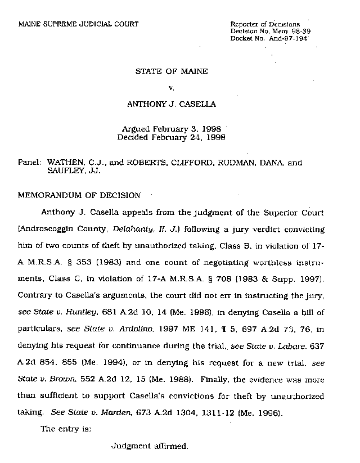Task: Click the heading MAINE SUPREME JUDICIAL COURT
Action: click(78, 24)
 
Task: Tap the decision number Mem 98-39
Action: click(291, 30)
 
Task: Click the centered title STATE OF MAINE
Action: click(171, 71)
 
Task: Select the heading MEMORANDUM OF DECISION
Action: click(79, 196)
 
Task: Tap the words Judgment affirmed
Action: click(148, 446)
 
